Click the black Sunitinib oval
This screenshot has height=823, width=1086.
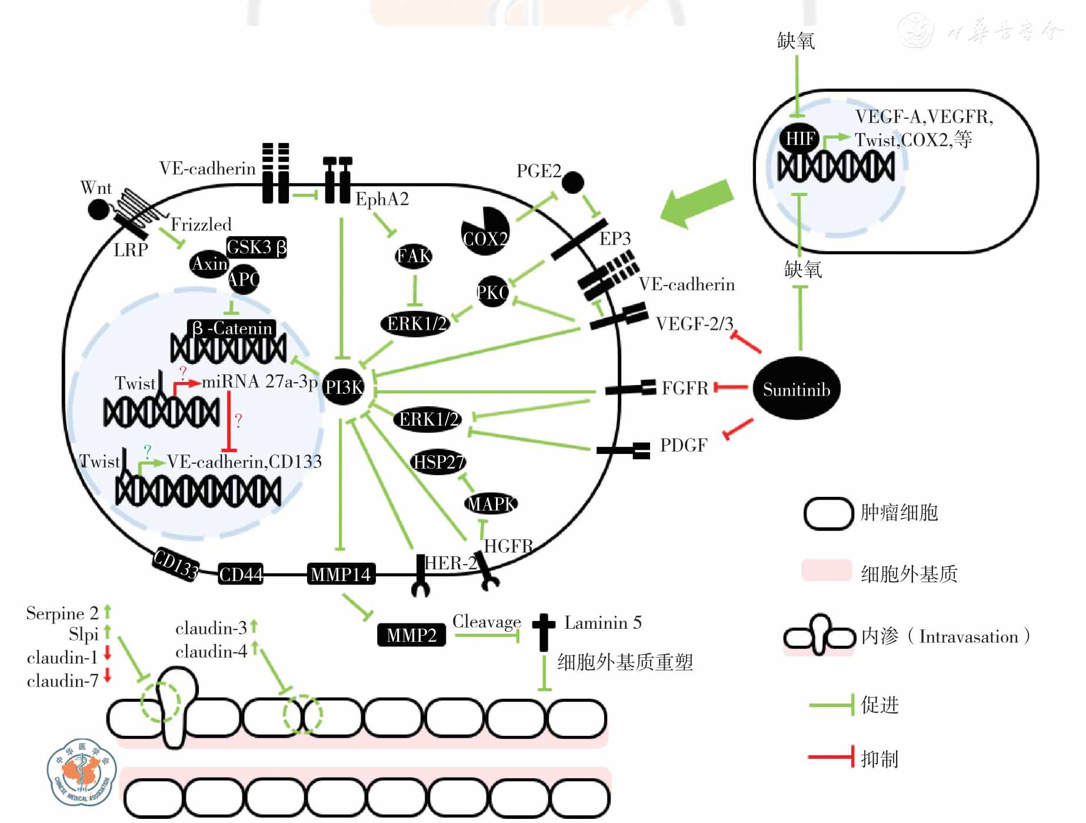coord(796,389)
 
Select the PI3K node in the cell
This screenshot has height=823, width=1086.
coord(344,387)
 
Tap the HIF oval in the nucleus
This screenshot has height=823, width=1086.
coord(800,139)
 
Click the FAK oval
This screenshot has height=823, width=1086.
coord(414,256)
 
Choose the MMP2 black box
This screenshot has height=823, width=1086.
coord(411,635)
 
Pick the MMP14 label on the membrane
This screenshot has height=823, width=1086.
coord(341,574)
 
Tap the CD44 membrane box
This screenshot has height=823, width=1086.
coord(241,574)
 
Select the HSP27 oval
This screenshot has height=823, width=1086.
coord(438,463)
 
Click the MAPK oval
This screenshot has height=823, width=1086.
coord(491,504)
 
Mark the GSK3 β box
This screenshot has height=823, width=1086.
coord(256,247)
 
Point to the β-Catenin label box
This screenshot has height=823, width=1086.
coord(232,328)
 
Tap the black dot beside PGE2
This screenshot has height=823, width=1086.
coord(572,182)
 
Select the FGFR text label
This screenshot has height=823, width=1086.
coord(685,389)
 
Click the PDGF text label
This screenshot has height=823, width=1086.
coord(683,446)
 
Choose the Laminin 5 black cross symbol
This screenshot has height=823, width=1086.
coord(544,632)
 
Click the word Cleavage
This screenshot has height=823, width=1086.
coord(487,622)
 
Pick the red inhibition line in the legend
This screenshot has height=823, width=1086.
coord(830,756)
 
